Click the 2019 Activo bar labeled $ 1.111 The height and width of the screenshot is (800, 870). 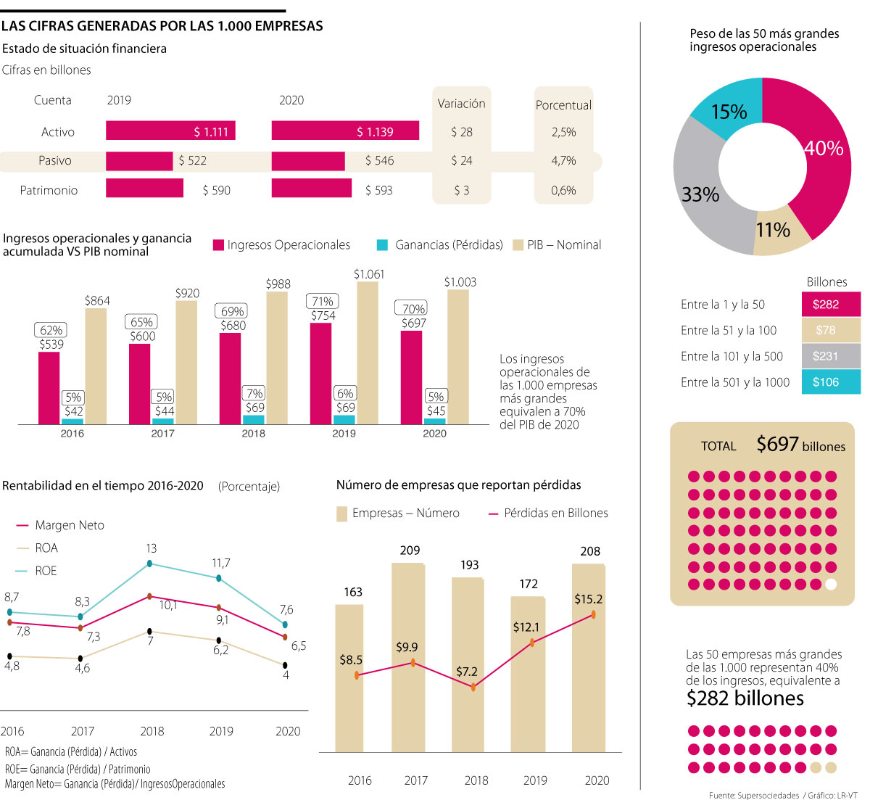click(x=170, y=131)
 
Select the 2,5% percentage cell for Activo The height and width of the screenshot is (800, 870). click(x=563, y=132)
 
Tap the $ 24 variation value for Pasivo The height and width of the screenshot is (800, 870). click(x=461, y=160)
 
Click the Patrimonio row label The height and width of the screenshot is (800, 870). click(x=49, y=190)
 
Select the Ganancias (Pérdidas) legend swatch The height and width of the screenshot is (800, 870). click(x=382, y=245)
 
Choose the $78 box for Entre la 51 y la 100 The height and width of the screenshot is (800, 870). click(x=831, y=330)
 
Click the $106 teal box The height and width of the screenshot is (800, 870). click(x=831, y=382)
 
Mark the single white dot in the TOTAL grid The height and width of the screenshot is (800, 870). click(x=831, y=584)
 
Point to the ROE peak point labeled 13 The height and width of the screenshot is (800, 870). click(x=150, y=564)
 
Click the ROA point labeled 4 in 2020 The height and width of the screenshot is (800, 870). click(x=286, y=665)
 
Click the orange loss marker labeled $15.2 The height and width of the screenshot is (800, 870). click(x=594, y=614)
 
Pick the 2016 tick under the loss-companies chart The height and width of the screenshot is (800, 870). click(x=360, y=780)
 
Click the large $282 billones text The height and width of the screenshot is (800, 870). click(x=745, y=698)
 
